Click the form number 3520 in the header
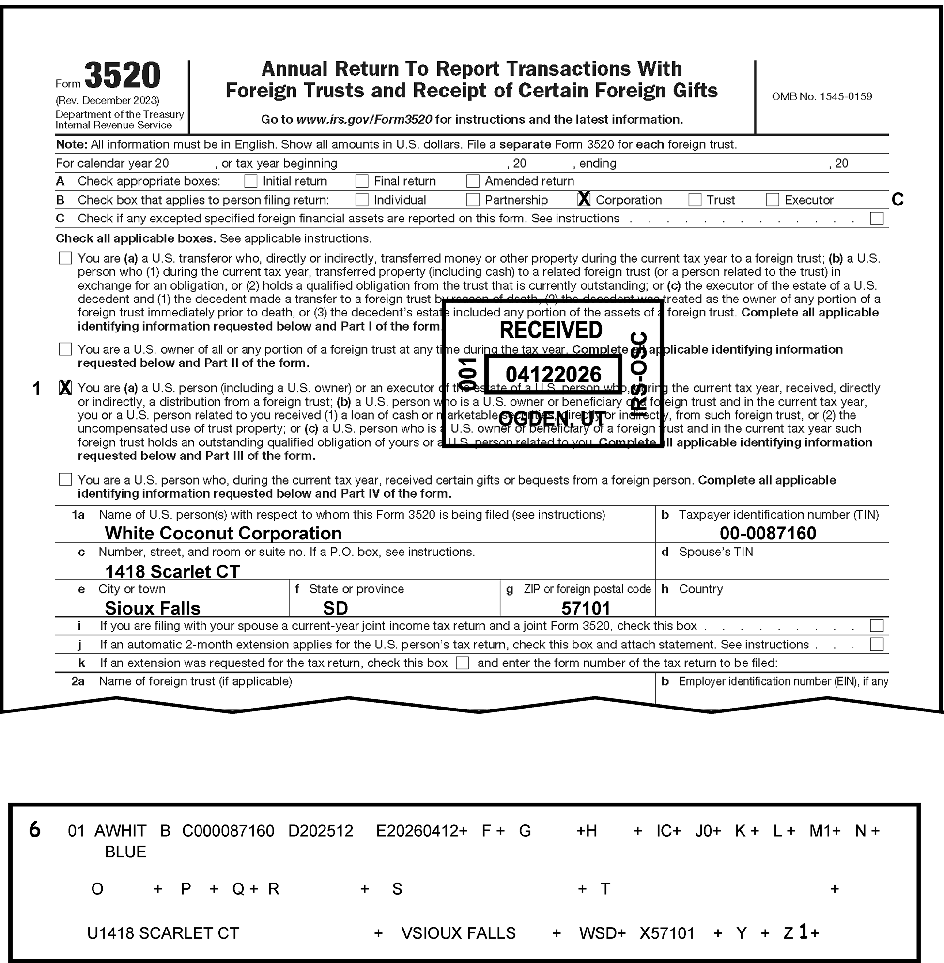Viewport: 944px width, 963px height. coord(123,76)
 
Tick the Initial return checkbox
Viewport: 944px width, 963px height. coord(251,181)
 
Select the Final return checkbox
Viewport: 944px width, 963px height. coord(362,181)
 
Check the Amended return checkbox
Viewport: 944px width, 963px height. coord(473,181)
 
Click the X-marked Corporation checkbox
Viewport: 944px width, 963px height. coord(584,200)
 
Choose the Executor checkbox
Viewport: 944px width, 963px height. coord(773,200)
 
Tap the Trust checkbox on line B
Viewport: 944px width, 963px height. coord(695,200)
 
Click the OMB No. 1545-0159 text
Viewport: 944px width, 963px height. coord(821,97)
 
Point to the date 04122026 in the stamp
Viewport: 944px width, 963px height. coord(553,375)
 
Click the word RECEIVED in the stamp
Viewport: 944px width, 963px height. coord(551,330)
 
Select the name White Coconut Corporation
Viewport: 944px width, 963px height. coord(223,533)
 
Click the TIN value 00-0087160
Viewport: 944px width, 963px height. coord(768,533)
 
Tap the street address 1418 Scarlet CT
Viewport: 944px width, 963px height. coord(172,571)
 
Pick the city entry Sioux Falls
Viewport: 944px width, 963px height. coord(153,608)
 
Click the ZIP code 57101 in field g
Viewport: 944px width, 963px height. coord(586,608)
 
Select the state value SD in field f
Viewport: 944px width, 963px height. coord(336,608)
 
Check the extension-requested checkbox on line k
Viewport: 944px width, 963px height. coord(462,663)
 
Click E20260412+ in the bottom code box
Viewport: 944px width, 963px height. coord(421,831)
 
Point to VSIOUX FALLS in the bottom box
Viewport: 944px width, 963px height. coord(459,933)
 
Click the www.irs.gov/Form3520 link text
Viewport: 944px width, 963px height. coord(364,120)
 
